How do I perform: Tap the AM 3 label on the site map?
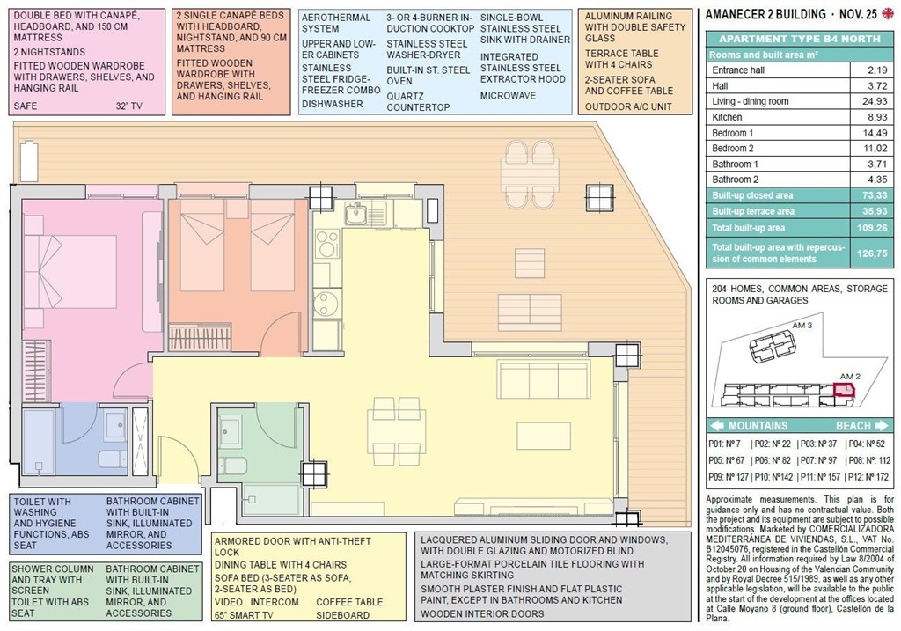[x=802, y=325]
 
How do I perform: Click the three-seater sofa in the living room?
[x=543, y=378]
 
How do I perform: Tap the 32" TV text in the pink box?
[x=128, y=106]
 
